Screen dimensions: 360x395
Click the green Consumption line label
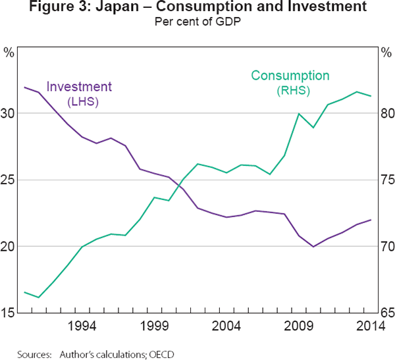(x=290, y=76)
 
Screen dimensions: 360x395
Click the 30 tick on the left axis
(x=9, y=113)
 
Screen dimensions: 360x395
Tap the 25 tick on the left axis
(x=9, y=180)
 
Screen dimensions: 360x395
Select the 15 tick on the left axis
(x=9, y=313)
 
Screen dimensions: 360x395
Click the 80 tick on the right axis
(x=387, y=113)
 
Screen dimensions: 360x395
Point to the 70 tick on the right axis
(x=387, y=246)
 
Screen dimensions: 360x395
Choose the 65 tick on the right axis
(x=387, y=313)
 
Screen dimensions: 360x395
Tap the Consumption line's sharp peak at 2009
(x=299, y=114)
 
